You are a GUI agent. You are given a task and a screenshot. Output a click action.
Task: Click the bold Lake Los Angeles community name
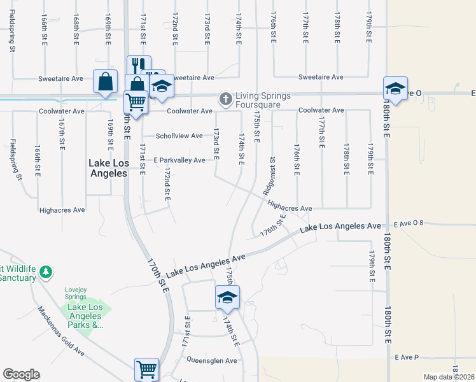point(108,168)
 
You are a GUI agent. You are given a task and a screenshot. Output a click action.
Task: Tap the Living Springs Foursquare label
point(263,100)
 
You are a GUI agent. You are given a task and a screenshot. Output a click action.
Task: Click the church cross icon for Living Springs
point(225,99)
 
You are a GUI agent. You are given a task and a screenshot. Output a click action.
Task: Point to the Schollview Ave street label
point(180,136)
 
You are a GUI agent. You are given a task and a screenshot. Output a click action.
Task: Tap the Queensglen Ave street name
point(211,360)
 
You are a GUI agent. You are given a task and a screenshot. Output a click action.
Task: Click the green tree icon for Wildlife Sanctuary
point(45,273)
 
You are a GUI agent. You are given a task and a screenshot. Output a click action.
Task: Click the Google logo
point(21,374)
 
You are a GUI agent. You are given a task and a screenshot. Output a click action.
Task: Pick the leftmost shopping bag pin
point(105,82)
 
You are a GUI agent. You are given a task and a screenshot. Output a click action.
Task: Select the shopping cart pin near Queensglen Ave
point(146,369)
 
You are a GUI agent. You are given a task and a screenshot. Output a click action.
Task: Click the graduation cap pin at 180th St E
point(395,88)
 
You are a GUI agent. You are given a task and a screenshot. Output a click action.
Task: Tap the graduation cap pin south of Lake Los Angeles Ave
point(227,297)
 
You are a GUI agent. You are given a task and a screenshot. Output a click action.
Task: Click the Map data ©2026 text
point(448,377)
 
